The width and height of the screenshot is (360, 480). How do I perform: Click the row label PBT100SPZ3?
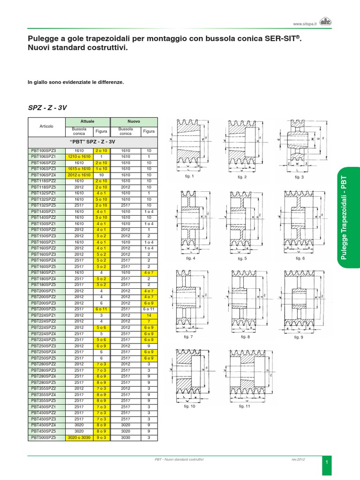[44, 150]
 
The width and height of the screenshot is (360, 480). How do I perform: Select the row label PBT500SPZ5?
[44, 437]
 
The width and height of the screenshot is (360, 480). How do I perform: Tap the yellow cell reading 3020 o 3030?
[79, 437]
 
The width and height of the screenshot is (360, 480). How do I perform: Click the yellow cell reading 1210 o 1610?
[79, 157]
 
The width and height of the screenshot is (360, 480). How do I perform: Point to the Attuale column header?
[87, 121]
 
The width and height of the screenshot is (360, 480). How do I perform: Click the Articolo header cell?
[47, 126]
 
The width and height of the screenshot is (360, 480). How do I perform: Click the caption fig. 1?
[190, 177]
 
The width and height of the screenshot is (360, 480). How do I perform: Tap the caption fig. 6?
[300, 258]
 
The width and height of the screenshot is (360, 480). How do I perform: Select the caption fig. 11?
[245, 407]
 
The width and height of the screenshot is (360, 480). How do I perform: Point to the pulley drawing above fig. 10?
[190, 375]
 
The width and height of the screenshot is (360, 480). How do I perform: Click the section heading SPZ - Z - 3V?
[47, 107]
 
